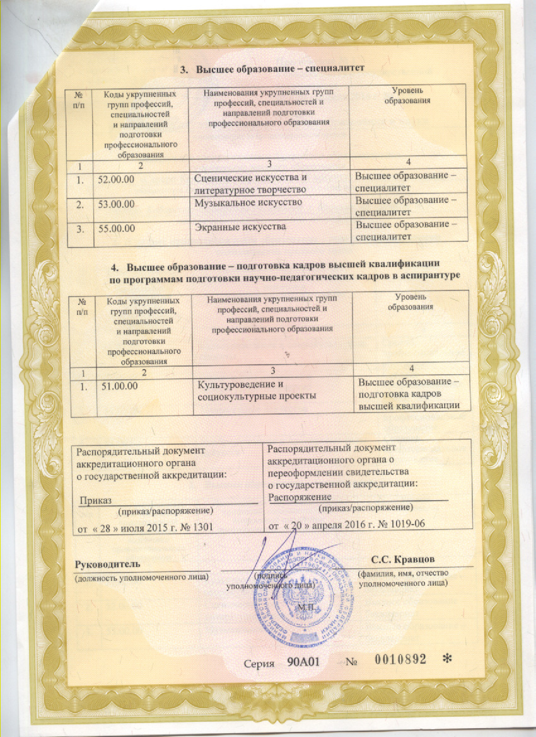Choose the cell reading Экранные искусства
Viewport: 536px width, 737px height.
click(x=240, y=226)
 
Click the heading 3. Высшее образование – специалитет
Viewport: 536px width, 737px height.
click(x=273, y=68)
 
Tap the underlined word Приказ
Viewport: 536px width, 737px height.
click(x=95, y=500)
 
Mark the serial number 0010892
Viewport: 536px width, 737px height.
click(x=400, y=660)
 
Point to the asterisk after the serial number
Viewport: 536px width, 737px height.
click(x=448, y=660)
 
